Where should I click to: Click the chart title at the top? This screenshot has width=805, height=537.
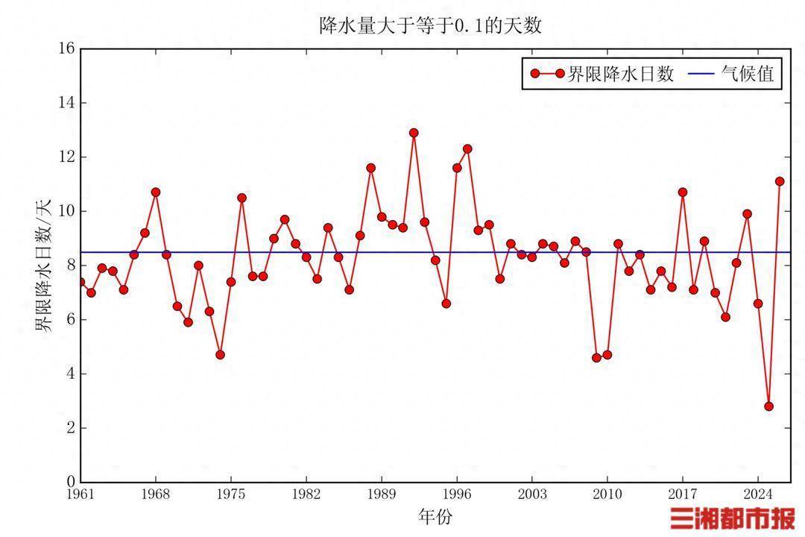point(430,26)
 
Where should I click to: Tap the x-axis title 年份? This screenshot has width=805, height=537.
point(435,515)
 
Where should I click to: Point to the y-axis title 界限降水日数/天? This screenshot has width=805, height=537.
point(44,265)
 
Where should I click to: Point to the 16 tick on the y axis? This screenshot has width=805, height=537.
point(66,48)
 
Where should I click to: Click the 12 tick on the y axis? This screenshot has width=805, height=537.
point(66,157)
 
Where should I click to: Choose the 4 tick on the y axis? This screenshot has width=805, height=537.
point(69,374)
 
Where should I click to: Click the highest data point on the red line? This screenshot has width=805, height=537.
point(414,133)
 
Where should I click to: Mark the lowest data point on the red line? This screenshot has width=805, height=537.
point(768,406)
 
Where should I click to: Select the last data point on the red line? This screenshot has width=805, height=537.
point(780,181)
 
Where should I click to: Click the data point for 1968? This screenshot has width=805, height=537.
point(156,192)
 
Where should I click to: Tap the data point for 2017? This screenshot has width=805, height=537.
point(682,192)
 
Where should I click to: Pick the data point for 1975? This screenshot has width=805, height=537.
point(231,282)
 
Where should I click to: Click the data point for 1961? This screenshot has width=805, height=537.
point(80,282)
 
